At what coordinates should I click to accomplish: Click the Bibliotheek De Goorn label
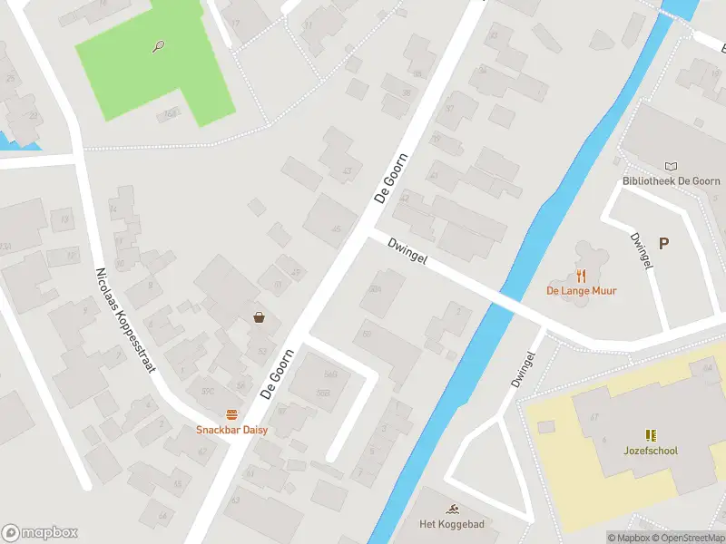coord(671,180)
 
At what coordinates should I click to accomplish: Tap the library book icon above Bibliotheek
coord(671,166)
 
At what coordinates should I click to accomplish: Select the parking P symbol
coord(663,243)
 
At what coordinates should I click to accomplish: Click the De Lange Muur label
coord(581,290)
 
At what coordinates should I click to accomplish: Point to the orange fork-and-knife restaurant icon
coord(581,276)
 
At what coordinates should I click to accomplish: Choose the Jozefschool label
coord(651,451)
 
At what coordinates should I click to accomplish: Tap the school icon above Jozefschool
coord(651,435)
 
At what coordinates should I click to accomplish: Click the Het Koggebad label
coord(451,524)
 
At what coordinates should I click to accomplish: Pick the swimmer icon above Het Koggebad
coord(451,509)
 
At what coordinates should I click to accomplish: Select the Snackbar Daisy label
coord(231,429)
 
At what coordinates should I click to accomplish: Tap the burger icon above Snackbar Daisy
coord(231,414)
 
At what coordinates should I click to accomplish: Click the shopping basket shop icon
coord(260,317)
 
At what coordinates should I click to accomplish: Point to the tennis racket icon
coord(159,45)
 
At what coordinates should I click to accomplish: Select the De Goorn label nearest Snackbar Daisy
coord(278,373)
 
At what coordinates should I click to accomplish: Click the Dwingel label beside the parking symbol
coord(641,249)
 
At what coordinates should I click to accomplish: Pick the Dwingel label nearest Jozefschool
coord(519,369)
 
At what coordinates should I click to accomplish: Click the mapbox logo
coord(39,532)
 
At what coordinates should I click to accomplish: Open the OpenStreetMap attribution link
coord(687,538)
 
